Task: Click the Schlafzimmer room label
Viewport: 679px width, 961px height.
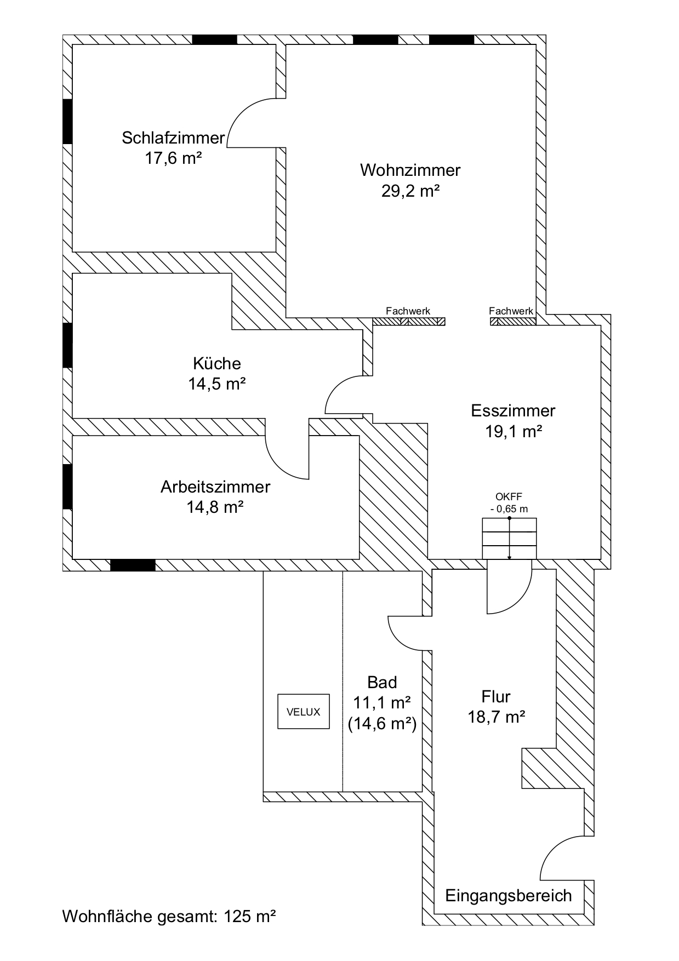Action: (x=173, y=138)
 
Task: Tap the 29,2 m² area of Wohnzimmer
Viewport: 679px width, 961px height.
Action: (x=410, y=191)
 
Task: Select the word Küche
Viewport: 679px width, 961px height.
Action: (x=216, y=363)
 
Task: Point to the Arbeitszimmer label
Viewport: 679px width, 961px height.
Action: (x=215, y=487)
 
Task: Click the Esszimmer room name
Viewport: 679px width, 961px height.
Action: (x=513, y=410)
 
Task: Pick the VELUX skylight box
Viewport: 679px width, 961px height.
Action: (x=303, y=712)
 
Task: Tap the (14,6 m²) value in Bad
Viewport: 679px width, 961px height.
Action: (x=382, y=724)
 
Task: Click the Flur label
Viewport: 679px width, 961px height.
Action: (x=496, y=696)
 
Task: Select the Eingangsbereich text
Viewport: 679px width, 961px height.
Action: (x=508, y=895)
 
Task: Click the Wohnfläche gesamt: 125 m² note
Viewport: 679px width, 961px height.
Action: (x=169, y=916)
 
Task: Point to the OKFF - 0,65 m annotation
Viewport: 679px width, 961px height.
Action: (x=509, y=503)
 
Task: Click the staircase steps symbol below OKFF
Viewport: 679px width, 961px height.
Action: (x=509, y=539)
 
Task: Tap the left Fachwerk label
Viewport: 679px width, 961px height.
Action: (x=408, y=311)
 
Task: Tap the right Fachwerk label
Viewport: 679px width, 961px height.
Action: (x=511, y=311)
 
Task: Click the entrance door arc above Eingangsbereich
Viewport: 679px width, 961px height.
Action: (x=564, y=857)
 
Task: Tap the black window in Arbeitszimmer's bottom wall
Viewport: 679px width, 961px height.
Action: (x=133, y=565)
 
